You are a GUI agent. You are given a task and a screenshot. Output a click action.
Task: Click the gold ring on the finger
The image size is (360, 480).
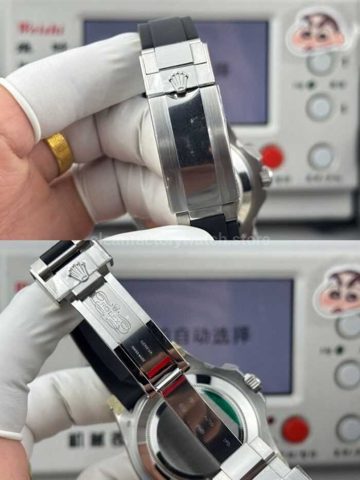60,152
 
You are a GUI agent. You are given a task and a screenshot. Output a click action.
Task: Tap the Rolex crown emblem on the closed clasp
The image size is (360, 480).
178,81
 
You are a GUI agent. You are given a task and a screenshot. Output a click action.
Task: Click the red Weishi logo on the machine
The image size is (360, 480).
41,28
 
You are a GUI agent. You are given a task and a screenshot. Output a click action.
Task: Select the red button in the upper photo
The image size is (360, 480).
272,156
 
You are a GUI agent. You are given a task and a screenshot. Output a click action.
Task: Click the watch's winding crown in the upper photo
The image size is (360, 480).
265,176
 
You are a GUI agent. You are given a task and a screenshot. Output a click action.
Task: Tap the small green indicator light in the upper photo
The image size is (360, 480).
311,85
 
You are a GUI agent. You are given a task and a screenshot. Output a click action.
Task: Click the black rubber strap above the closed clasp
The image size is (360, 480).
168,32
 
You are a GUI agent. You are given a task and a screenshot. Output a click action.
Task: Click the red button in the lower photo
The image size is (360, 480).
295,429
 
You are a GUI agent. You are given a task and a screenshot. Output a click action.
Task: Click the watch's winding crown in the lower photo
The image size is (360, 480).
252,382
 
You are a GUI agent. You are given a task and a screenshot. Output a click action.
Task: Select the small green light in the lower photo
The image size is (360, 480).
339,350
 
